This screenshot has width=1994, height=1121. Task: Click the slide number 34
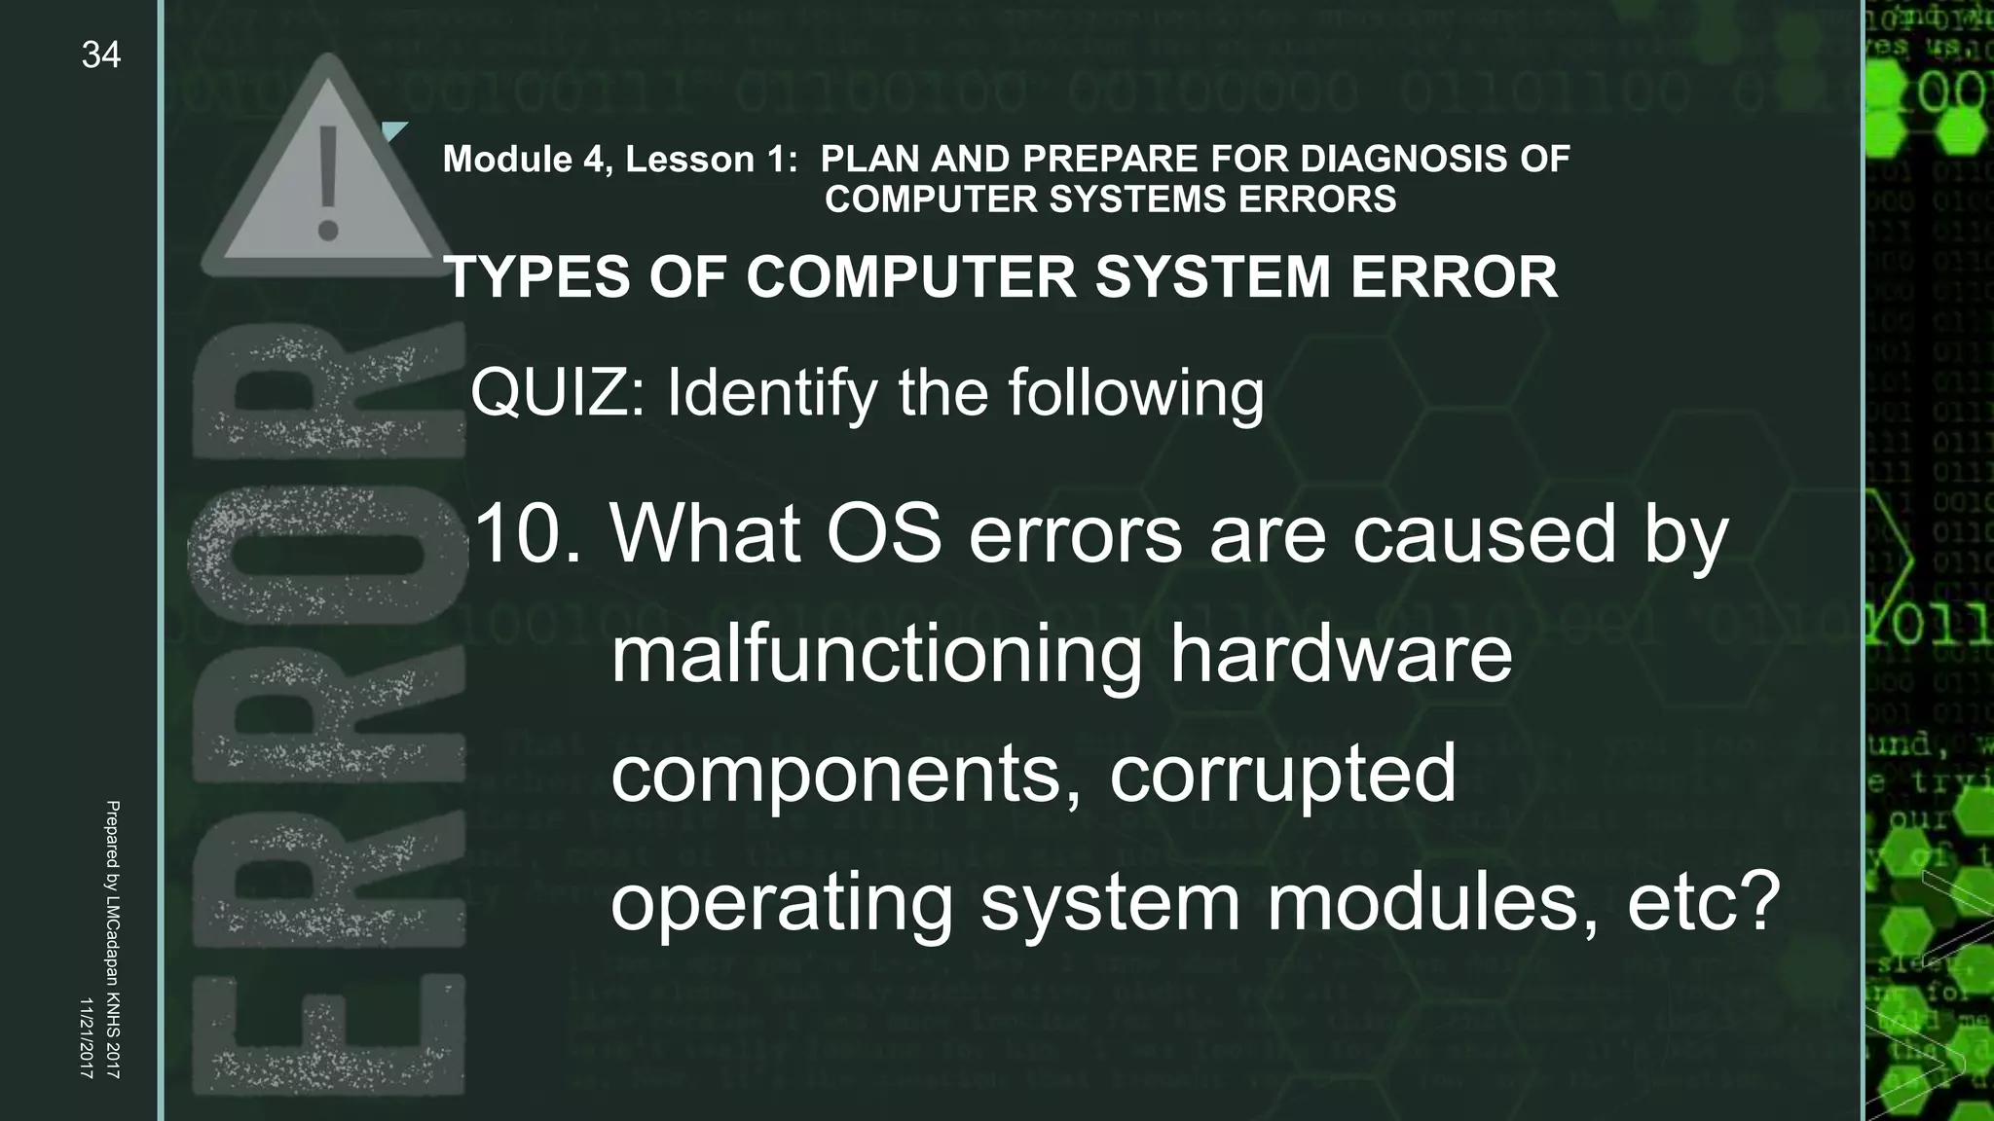coord(101,55)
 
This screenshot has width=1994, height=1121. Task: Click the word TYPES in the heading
coord(536,277)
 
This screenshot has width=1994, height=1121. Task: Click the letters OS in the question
coord(884,534)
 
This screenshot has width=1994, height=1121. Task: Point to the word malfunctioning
coord(876,655)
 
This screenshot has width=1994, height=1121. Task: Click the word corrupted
coord(1283,774)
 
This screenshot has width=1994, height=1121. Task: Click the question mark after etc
coord(1757,900)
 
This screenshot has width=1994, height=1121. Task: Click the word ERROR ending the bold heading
coord(1454,277)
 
